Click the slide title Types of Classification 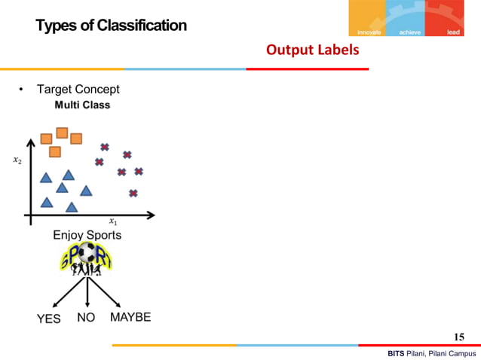click(111, 26)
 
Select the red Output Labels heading click(312, 50)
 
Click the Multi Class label click(82, 105)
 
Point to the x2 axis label click(17, 160)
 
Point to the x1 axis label click(113, 221)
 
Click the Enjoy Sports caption click(87, 235)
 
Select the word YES click(49, 319)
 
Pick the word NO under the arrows click(86, 318)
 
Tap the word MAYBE click(130, 317)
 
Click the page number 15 click(459, 336)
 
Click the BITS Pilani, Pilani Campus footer click(431, 353)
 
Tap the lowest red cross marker click(133, 194)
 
